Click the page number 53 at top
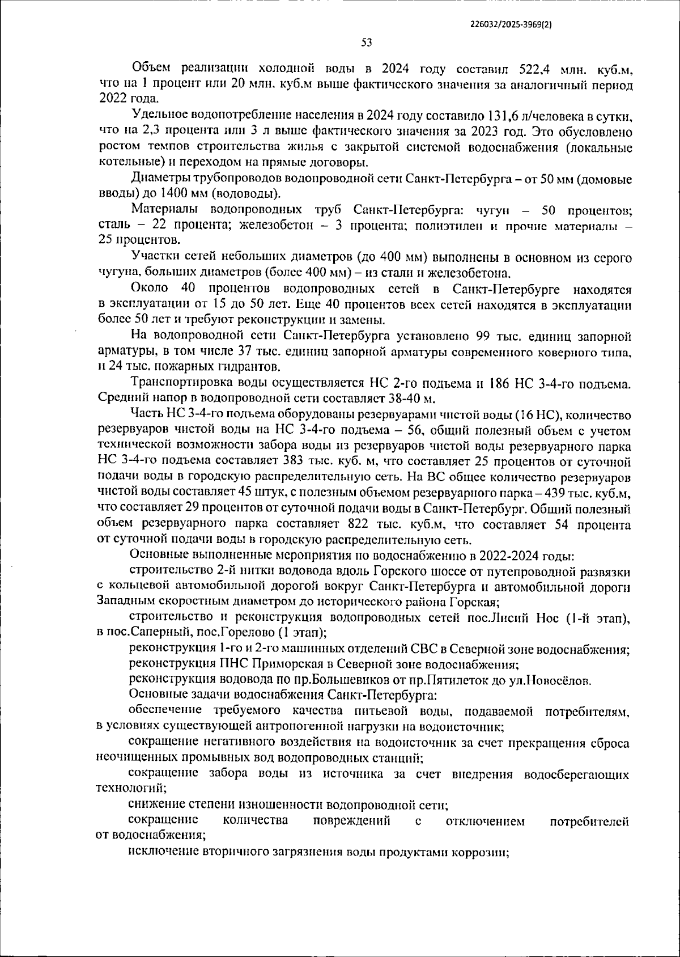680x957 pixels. (x=366, y=42)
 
